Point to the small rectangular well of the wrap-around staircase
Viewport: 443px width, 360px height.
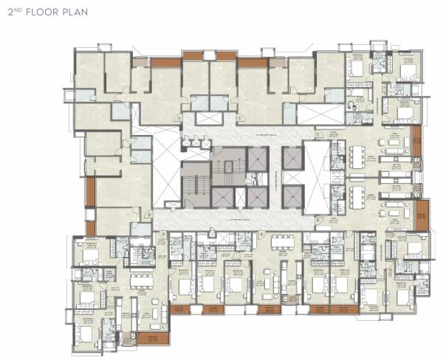coord(230,169)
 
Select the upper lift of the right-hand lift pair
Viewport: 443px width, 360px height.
coord(292,160)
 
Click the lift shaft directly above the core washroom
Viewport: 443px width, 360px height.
coord(257,159)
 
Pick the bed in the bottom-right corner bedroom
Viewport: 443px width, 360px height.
coord(405,295)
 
